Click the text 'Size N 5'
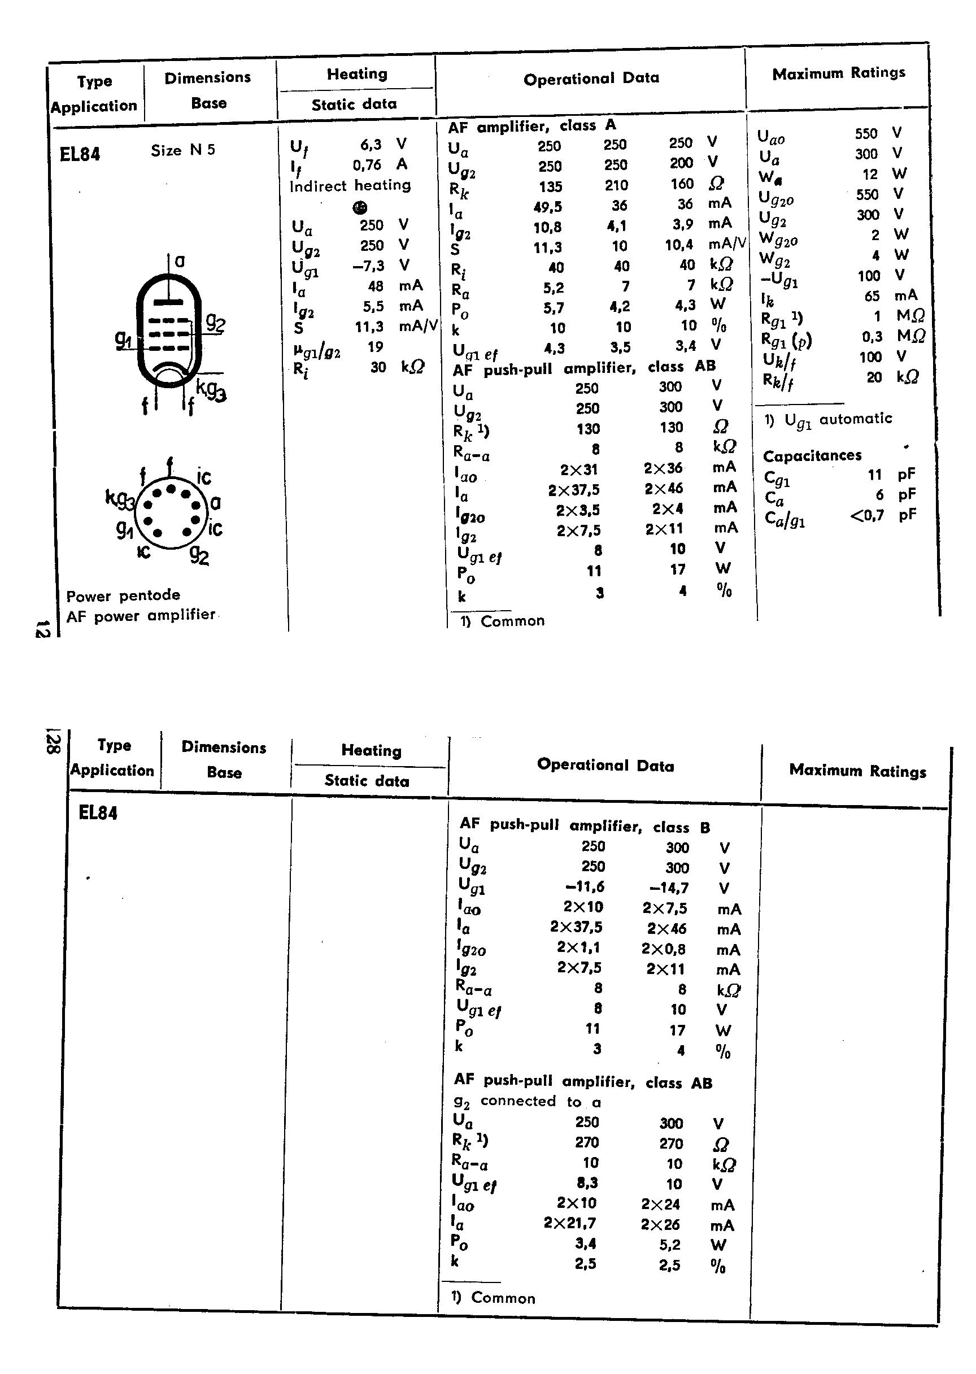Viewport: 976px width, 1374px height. pyautogui.click(x=182, y=150)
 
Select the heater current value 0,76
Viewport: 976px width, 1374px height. pyautogui.click(x=367, y=164)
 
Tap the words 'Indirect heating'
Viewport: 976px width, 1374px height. pyautogui.click(x=350, y=185)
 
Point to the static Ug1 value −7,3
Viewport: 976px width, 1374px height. pyautogui.click(x=368, y=266)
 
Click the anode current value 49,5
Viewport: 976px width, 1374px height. pyautogui.click(x=547, y=207)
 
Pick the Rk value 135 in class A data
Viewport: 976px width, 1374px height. pyautogui.click(x=550, y=186)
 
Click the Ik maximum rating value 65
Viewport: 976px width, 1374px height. pyautogui.click(x=872, y=295)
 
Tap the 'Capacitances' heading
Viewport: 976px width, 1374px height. pyautogui.click(x=812, y=455)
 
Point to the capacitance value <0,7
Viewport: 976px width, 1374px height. pyautogui.click(x=866, y=515)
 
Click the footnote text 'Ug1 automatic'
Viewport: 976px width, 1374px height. pyautogui.click(x=838, y=420)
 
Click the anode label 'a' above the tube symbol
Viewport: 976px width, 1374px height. pyautogui.click(x=180, y=262)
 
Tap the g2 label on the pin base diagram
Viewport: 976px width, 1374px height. pyautogui.click(x=199, y=555)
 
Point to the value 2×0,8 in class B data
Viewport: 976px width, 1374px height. pyautogui.click(x=664, y=949)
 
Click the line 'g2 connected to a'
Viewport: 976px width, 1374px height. pyautogui.click(x=527, y=1102)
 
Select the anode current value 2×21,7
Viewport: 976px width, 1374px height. pyautogui.click(x=570, y=1223)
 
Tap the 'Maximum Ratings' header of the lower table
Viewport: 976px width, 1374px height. pyautogui.click(x=857, y=771)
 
